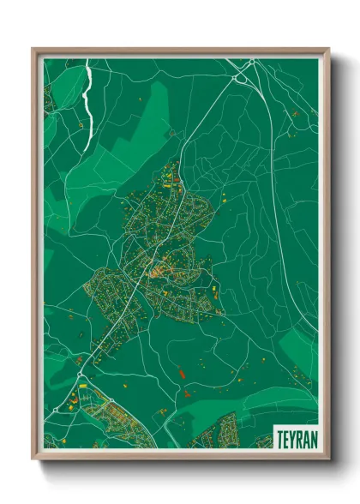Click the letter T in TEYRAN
click(x=279, y=438)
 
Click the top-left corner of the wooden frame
click(x=33, y=50)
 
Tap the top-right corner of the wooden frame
click(x=328, y=50)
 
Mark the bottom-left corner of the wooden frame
click(x=33, y=459)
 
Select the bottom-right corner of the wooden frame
click(x=328, y=459)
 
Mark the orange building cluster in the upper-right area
click(x=294, y=112)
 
